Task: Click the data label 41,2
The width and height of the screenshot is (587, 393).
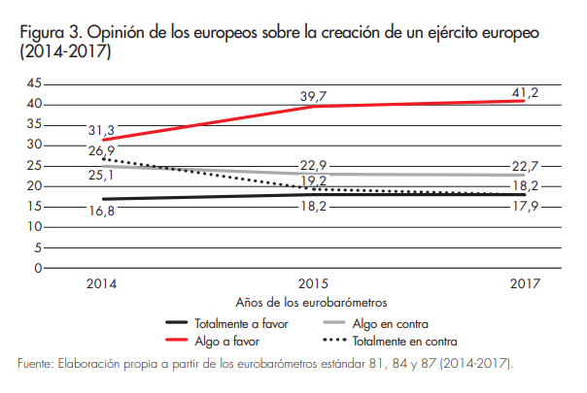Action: tap(524, 93)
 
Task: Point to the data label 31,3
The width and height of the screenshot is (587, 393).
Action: tap(101, 131)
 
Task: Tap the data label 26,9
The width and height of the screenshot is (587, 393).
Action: tap(101, 151)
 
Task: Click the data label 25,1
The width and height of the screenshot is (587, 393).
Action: tap(101, 176)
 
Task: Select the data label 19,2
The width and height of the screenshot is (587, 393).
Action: tap(312, 180)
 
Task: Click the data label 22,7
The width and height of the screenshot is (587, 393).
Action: tap(524, 165)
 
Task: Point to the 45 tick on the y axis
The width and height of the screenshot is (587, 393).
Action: tap(33, 84)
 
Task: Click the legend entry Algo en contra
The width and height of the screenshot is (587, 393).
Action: tap(390, 322)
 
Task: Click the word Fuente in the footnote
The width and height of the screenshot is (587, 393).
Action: tap(36, 364)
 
